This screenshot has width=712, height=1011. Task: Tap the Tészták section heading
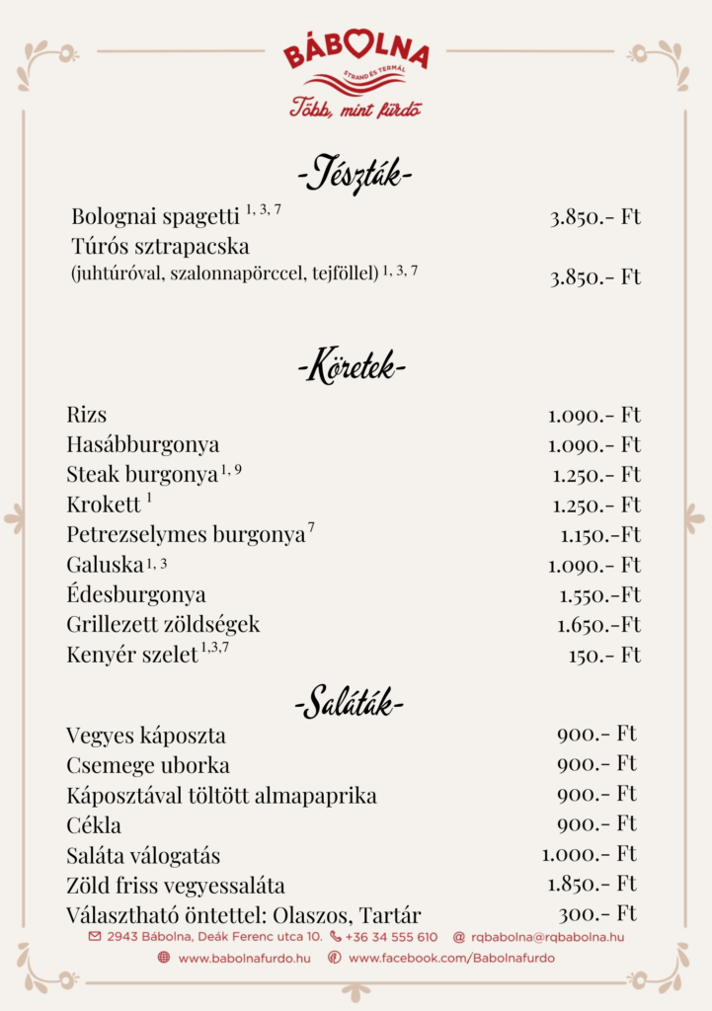pyautogui.click(x=355, y=176)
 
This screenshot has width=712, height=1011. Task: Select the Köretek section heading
pyautogui.click(x=352, y=369)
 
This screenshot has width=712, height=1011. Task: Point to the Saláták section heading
pyautogui.click(x=350, y=705)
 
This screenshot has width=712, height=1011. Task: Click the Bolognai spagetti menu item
pyautogui.click(x=155, y=216)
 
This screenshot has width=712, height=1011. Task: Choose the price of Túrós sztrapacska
pyautogui.click(x=594, y=277)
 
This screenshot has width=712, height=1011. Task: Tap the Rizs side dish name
pyautogui.click(x=87, y=415)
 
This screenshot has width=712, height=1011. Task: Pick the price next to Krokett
pyautogui.click(x=595, y=505)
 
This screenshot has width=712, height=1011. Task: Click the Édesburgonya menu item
pyautogui.click(x=136, y=594)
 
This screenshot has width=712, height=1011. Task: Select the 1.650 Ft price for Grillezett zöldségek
pyautogui.click(x=598, y=625)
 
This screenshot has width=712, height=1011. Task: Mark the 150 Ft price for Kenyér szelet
pyautogui.click(x=603, y=655)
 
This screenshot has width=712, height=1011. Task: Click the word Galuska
pyautogui.click(x=105, y=565)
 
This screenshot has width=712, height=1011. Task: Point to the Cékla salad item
pyautogui.click(x=94, y=824)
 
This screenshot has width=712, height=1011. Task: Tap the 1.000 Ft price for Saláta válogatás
pyautogui.click(x=589, y=854)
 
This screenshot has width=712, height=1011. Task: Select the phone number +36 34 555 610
pyautogui.click(x=391, y=937)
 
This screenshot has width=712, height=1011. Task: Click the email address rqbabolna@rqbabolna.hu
pyautogui.click(x=546, y=937)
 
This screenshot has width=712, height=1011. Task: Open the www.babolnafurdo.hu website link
pyautogui.click(x=244, y=958)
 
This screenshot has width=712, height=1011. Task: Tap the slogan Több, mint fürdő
pyautogui.click(x=356, y=109)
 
